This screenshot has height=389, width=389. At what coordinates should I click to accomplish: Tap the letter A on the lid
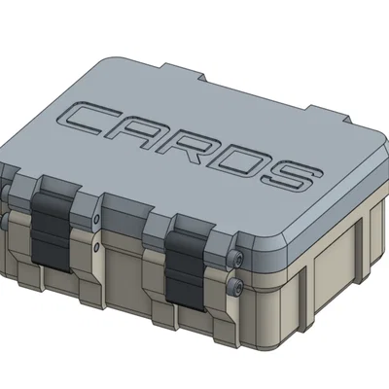click(x=147, y=136)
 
